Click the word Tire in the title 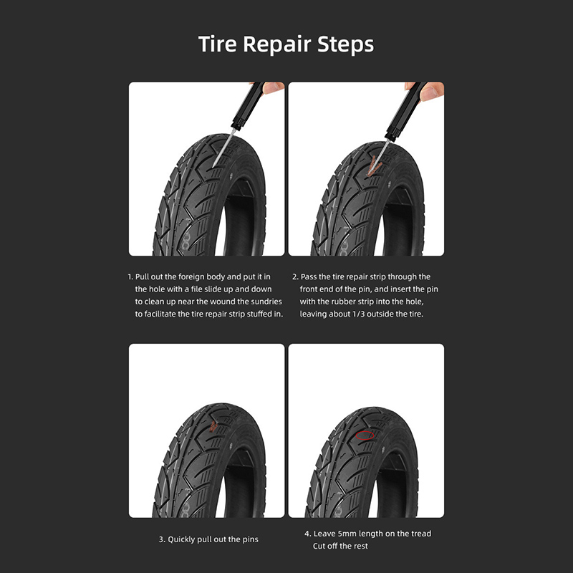218,44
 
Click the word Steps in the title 346,45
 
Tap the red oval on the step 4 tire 365,435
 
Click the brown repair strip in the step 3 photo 213,426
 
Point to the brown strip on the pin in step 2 373,166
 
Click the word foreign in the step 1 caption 191,277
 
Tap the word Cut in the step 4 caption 319,546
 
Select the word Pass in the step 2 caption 309,276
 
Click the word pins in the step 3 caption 250,540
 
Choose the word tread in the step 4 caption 421,534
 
